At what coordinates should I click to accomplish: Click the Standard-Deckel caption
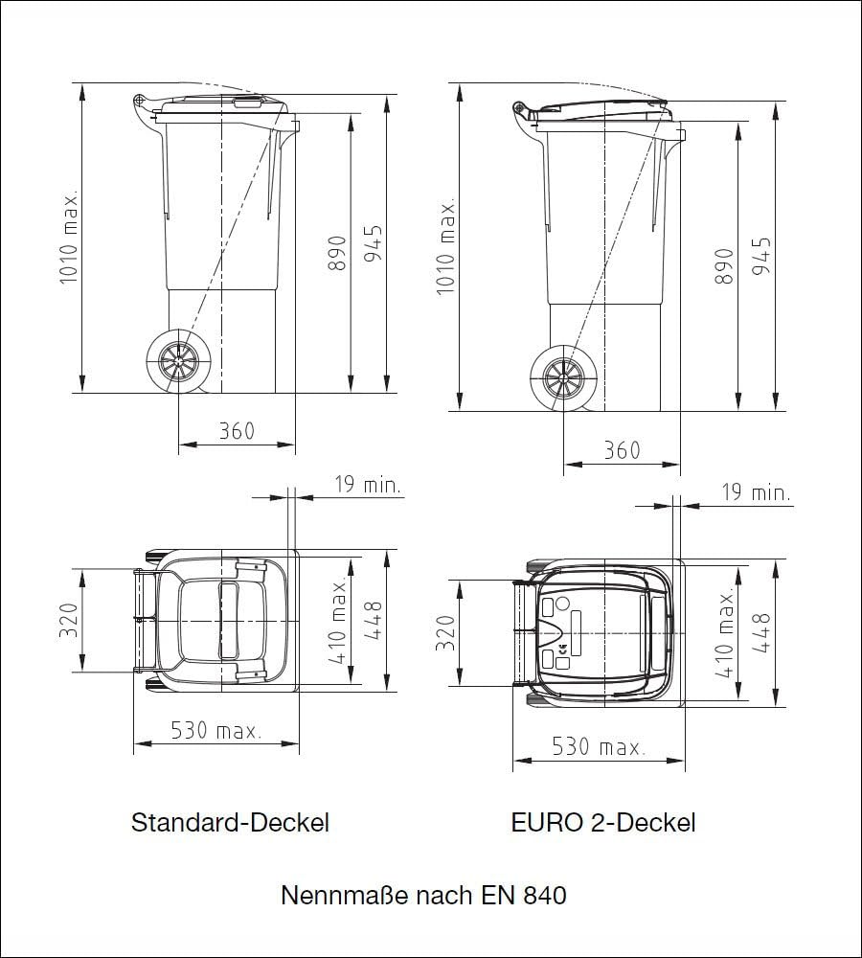(x=230, y=822)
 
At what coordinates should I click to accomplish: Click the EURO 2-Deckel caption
(x=603, y=822)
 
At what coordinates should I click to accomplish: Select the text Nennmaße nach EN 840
(x=423, y=896)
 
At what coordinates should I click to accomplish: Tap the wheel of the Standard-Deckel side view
(x=177, y=363)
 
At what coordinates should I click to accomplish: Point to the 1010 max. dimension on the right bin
(x=445, y=247)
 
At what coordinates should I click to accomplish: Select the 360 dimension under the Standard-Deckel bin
(x=236, y=431)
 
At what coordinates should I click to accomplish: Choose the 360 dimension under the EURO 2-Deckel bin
(x=622, y=449)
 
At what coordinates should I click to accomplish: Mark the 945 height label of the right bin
(x=761, y=257)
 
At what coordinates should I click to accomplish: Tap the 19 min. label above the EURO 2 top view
(x=757, y=493)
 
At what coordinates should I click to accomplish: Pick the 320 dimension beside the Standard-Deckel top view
(x=67, y=622)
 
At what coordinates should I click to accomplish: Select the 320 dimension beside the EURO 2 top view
(x=445, y=632)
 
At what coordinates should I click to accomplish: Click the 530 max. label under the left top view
(x=215, y=731)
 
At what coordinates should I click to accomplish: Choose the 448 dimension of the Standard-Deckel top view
(x=374, y=621)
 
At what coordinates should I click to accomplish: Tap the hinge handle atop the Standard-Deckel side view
(x=141, y=100)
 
